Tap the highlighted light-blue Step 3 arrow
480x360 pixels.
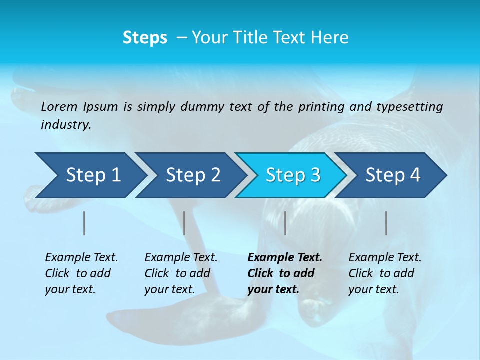(x=293, y=175)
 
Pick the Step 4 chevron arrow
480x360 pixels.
(x=393, y=175)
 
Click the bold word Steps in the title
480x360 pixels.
(x=145, y=38)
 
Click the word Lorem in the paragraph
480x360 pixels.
(x=59, y=106)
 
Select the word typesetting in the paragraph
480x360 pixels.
(x=409, y=107)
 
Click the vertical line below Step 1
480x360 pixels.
(x=84, y=223)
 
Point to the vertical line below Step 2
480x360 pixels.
(x=184, y=223)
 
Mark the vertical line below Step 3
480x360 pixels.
(x=285, y=223)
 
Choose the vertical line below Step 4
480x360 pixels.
(x=386, y=223)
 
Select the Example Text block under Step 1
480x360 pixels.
(x=81, y=273)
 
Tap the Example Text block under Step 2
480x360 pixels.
(x=181, y=273)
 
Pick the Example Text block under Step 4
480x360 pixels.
(x=385, y=273)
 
